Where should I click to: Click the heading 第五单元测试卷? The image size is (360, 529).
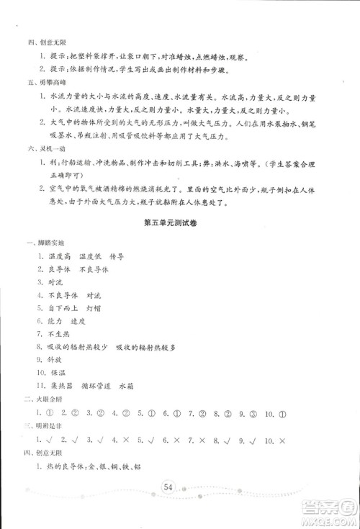coord(179,230)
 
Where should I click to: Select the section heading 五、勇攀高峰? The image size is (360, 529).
coord(38,83)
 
